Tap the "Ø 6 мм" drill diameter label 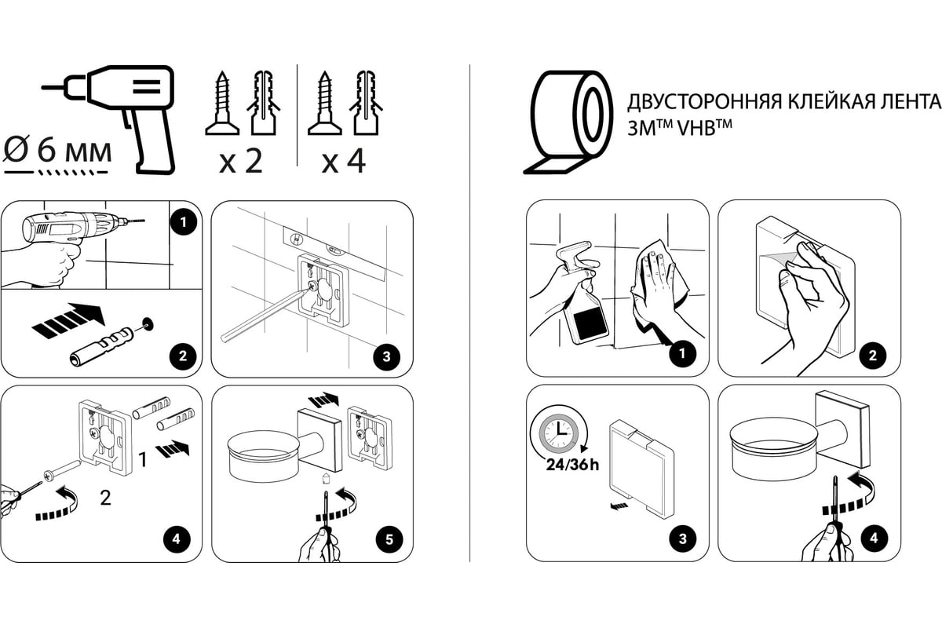pos(57,148)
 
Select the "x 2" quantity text pos(239,162)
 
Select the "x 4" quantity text pos(344,162)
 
